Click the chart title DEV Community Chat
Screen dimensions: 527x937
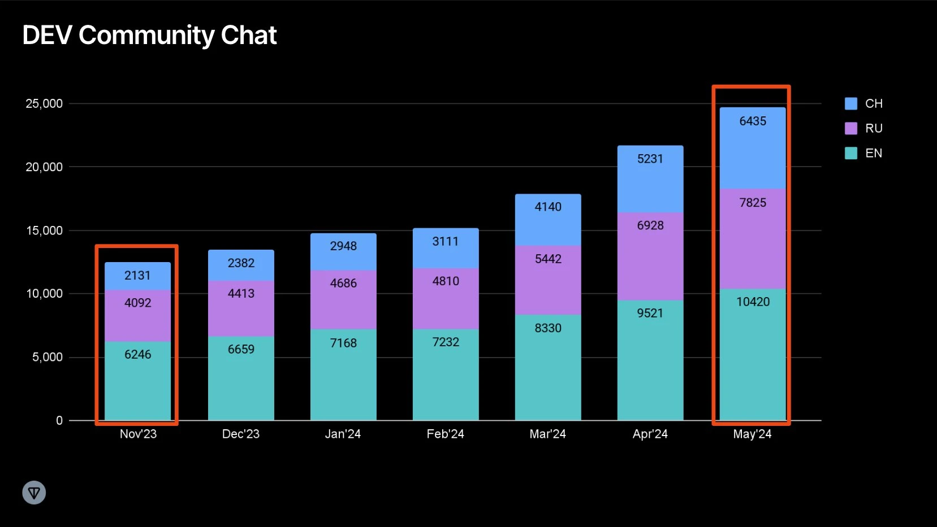coord(149,36)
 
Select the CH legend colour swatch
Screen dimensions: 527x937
coord(850,103)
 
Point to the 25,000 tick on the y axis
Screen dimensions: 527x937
coord(44,103)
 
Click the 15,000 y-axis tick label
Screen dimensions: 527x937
coord(44,230)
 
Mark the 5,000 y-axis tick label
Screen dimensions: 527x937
coord(48,357)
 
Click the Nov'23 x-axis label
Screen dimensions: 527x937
coord(138,434)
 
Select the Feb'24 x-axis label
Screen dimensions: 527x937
coord(445,434)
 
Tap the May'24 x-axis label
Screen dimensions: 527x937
coord(752,434)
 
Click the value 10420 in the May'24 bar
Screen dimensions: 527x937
coord(753,302)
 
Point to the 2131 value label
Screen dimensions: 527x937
coord(137,275)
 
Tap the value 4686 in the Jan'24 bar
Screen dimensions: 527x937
coord(343,283)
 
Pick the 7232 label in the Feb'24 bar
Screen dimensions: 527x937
coord(446,342)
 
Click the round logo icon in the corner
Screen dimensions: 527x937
coord(34,493)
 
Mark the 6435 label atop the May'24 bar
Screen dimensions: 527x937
coord(753,121)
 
